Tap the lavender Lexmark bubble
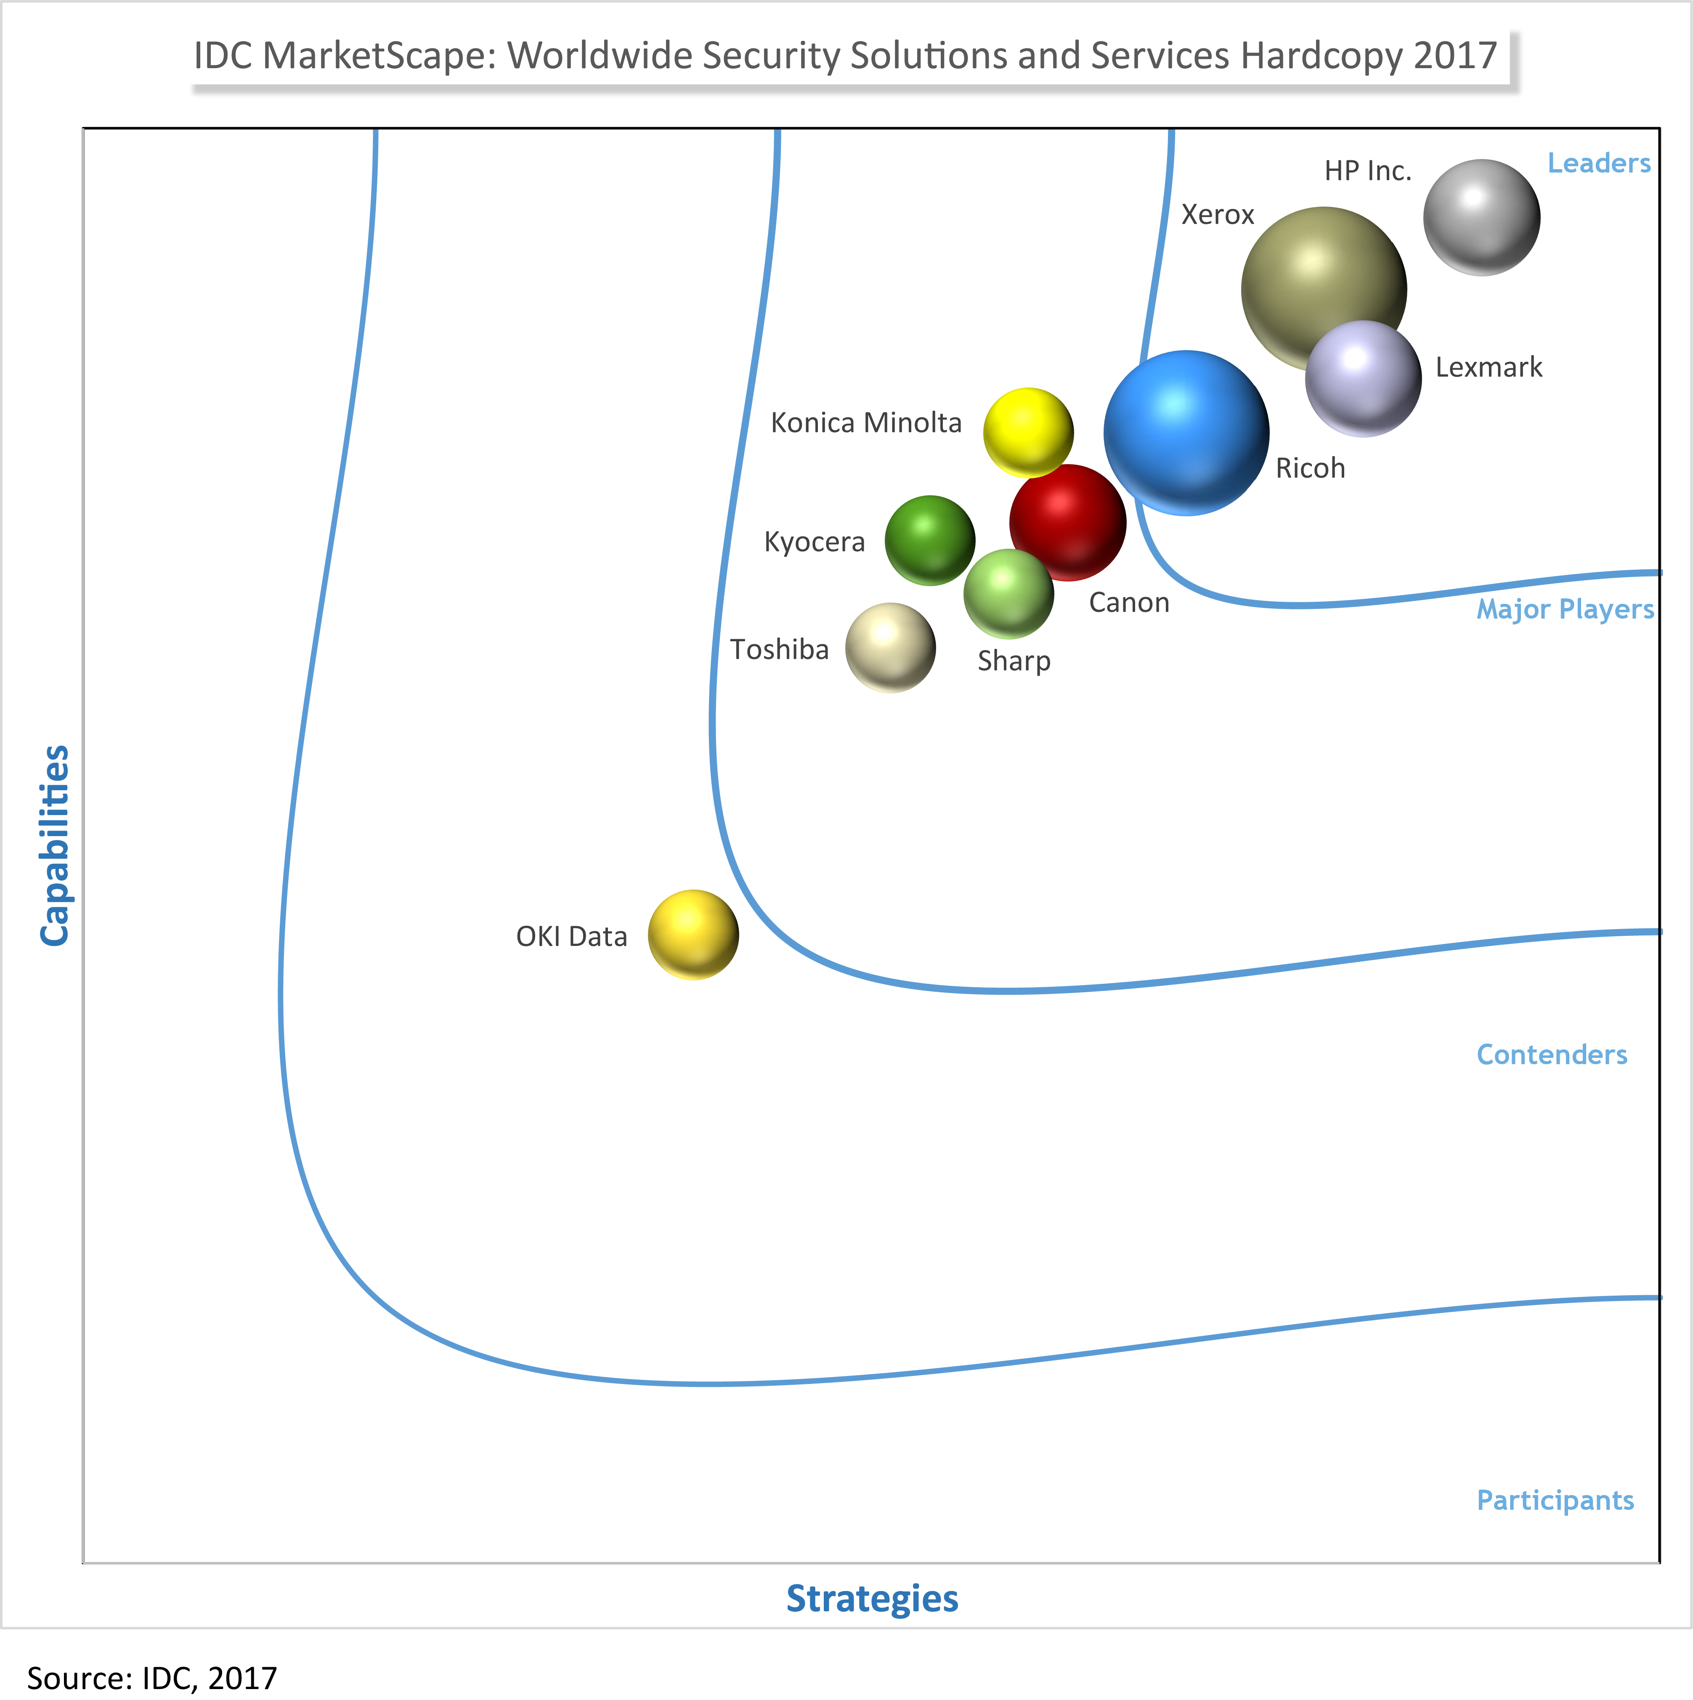1363,378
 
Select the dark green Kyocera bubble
929,540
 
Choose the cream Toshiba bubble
889,648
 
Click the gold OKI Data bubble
693,935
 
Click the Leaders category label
1599,164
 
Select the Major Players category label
1565,609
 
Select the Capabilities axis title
55,845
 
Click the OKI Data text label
571,936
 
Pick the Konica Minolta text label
866,423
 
